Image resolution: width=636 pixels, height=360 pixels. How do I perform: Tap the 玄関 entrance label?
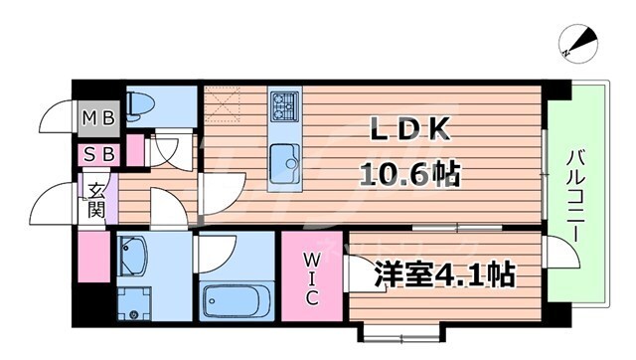click(x=96, y=199)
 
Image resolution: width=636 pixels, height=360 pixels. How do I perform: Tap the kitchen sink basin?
click(x=285, y=158)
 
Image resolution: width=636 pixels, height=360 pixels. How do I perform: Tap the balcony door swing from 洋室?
click(x=563, y=256)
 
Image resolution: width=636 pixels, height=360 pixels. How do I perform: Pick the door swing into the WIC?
click(x=356, y=269)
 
